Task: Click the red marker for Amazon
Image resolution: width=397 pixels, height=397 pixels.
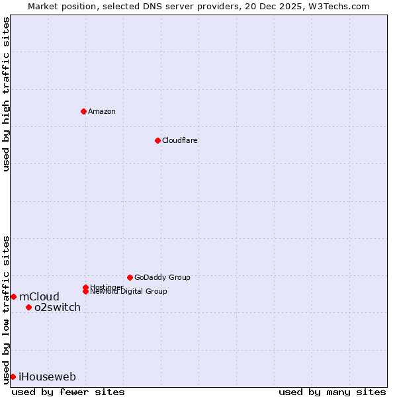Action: coord(83,111)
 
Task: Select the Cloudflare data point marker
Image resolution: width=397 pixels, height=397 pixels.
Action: coord(157,140)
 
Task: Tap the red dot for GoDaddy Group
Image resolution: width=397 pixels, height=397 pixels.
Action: coord(130,277)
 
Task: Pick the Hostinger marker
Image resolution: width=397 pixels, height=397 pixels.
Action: coord(85,287)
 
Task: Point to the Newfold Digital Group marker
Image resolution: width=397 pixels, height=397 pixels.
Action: coord(85,291)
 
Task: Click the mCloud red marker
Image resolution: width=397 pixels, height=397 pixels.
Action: coord(13,296)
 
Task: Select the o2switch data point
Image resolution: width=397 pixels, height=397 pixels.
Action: coord(28,307)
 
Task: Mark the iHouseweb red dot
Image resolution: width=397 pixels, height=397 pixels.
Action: coord(13,376)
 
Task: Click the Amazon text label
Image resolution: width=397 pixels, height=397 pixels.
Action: coord(102,111)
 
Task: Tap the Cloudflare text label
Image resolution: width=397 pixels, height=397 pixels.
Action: coord(180,140)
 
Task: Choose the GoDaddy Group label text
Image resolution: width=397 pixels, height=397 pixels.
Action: coord(162,277)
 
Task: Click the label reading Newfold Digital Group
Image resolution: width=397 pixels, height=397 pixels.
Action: coord(128,292)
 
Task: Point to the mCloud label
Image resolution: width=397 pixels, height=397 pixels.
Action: coord(39,296)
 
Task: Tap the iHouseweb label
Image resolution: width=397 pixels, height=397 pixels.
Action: coord(47,376)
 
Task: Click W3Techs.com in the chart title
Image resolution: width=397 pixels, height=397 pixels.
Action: coord(341,6)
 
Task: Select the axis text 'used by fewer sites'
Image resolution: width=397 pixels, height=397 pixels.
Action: coord(68,392)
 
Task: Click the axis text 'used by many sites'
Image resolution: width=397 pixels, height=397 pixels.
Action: coord(332,392)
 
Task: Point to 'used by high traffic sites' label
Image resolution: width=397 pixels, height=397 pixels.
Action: coord(6,94)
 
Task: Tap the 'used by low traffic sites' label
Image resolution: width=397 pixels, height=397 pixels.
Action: coord(6,309)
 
